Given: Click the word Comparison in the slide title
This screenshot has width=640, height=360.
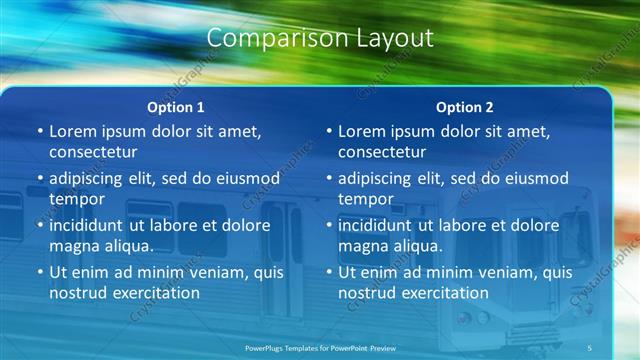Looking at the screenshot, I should pyautogui.click(x=264, y=39).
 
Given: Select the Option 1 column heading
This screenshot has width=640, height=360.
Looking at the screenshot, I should pyautogui.click(x=176, y=107).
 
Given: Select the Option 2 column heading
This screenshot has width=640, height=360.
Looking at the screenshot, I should pyautogui.click(x=465, y=107).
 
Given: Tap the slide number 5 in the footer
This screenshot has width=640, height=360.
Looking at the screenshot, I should pyautogui.click(x=590, y=346).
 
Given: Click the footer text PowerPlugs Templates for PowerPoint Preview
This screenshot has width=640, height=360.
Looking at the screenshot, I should pyautogui.click(x=320, y=346).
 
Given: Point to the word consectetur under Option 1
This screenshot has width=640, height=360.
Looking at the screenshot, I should pyautogui.click(x=93, y=153).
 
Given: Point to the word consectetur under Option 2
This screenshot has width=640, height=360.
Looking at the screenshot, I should pyautogui.click(x=382, y=153).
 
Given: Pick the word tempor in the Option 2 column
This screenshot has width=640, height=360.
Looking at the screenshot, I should pyautogui.click(x=366, y=199).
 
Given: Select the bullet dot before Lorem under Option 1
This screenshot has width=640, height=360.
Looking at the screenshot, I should pyautogui.click(x=40, y=131).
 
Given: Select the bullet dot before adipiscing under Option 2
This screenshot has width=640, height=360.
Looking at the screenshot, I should pyautogui.click(x=329, y=179).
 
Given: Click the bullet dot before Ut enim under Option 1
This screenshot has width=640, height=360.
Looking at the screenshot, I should pyautogui.click(x=40, y=272).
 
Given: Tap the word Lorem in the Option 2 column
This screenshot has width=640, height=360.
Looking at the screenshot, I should pyautogui.click(x=364, y=131).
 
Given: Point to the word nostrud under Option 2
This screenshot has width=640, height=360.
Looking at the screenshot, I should pyautogui.click(x=368, y=294).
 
